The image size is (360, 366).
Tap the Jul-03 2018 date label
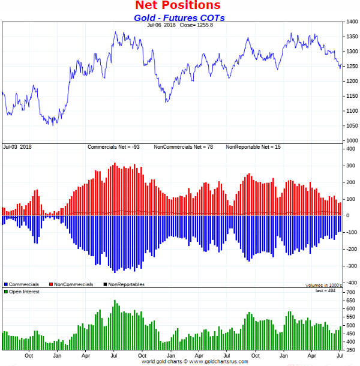[x=17, y=147]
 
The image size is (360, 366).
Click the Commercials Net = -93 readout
[x=113, y=147]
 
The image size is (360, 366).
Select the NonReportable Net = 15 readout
[x=253, y=147]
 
